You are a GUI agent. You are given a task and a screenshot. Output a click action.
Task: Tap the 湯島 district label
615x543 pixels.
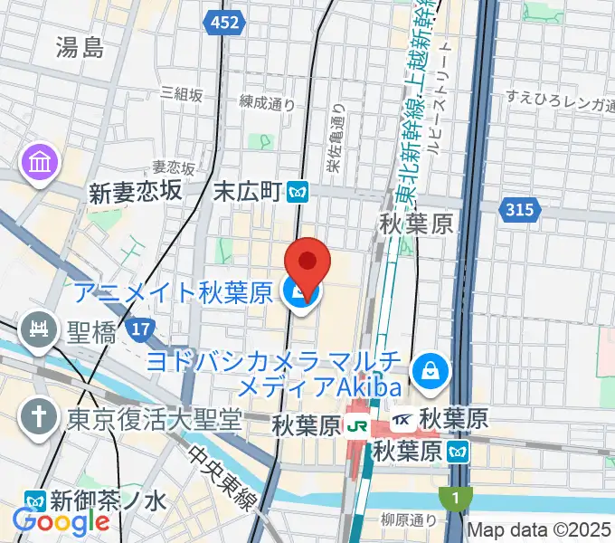[x=80, y=46]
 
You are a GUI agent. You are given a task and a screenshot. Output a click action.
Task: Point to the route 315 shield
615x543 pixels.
[x=521, y=209]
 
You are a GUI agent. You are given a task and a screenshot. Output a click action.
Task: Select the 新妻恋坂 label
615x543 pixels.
[x=136, y=191]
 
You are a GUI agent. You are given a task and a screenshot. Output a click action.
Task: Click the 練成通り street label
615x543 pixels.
[x=268, y=104]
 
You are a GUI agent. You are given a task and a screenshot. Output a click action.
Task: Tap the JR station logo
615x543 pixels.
[x=358, y=423]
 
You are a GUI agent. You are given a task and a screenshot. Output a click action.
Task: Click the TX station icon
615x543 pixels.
[x=403, y=421]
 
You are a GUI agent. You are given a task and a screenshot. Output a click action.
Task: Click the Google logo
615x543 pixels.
[x=61, y=521]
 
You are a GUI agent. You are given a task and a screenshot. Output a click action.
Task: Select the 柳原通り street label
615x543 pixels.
[x=408, y=520]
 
